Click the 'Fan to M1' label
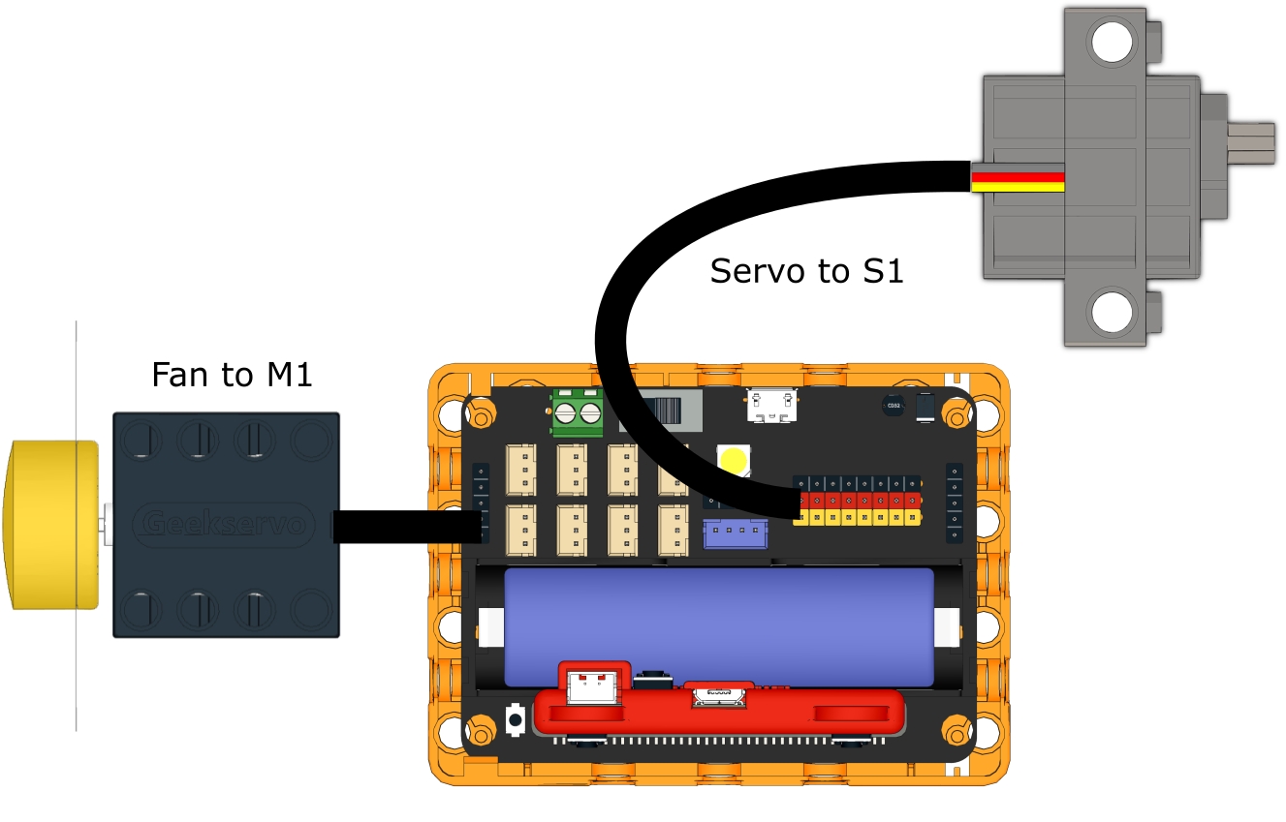click(232, 374)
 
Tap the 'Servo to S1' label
click(806, 271)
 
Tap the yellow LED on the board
click(734, 459)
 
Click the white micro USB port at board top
click(772, 406)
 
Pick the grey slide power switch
click(674, 411)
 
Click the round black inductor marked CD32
click(892, 407)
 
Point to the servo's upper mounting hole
click(1112, 42)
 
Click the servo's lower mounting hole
click(1112, 312)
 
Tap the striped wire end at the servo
click(1018, 182)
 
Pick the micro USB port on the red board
click(717, 694)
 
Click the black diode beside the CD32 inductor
click(925, 407)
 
